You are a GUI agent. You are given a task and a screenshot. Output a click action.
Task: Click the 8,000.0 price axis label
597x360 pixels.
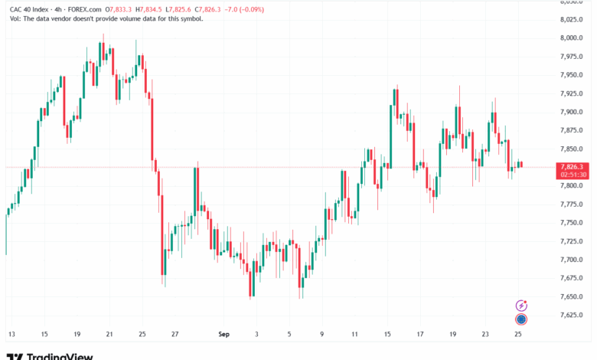point(572,38)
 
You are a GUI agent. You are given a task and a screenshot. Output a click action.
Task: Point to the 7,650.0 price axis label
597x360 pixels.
point(572,296)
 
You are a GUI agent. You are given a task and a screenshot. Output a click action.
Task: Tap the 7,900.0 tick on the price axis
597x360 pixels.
point(572,112)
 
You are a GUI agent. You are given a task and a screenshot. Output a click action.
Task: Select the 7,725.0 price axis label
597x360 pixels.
point(572,241)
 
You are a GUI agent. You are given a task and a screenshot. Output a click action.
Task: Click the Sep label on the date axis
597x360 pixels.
point(223,334)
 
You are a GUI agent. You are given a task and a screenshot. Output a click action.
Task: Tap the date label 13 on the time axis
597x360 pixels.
point(11,334)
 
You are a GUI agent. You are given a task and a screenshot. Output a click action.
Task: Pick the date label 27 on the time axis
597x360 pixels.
point(175,334)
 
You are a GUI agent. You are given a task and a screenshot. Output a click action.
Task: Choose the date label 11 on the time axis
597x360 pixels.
point(354,334)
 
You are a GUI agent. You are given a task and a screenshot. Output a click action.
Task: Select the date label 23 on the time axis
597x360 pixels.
point(485,334)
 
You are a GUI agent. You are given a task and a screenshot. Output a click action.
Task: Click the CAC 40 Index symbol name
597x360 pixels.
point(29,9)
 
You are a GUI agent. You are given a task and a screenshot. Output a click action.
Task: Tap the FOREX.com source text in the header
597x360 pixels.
point(84,9)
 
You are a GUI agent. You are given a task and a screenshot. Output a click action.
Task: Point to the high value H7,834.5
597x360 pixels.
point(149,9)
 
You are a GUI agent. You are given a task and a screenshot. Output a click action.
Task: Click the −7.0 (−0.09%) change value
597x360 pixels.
point(244,9)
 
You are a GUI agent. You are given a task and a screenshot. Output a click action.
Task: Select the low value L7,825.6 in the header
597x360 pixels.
point(178,9)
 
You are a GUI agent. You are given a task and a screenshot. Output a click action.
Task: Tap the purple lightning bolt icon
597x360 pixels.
point(521,306)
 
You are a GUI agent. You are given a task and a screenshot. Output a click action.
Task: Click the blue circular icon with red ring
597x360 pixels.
point(521,319)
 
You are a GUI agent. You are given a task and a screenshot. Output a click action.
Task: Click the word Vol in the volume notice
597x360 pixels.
point(15,18)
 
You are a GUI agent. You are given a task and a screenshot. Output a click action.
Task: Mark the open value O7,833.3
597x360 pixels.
point(119,9)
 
